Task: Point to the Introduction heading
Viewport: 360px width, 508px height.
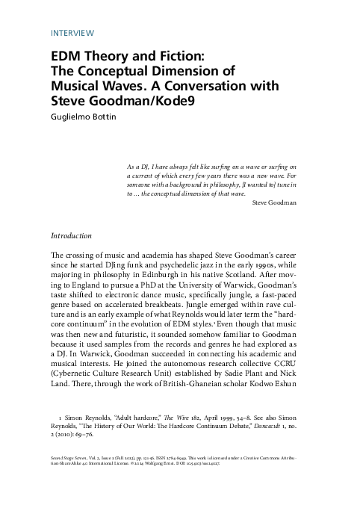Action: (x=70, y=236)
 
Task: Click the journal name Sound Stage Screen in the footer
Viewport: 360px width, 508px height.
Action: (x=71, y=474)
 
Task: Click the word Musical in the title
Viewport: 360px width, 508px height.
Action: (x=77, y=86)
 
